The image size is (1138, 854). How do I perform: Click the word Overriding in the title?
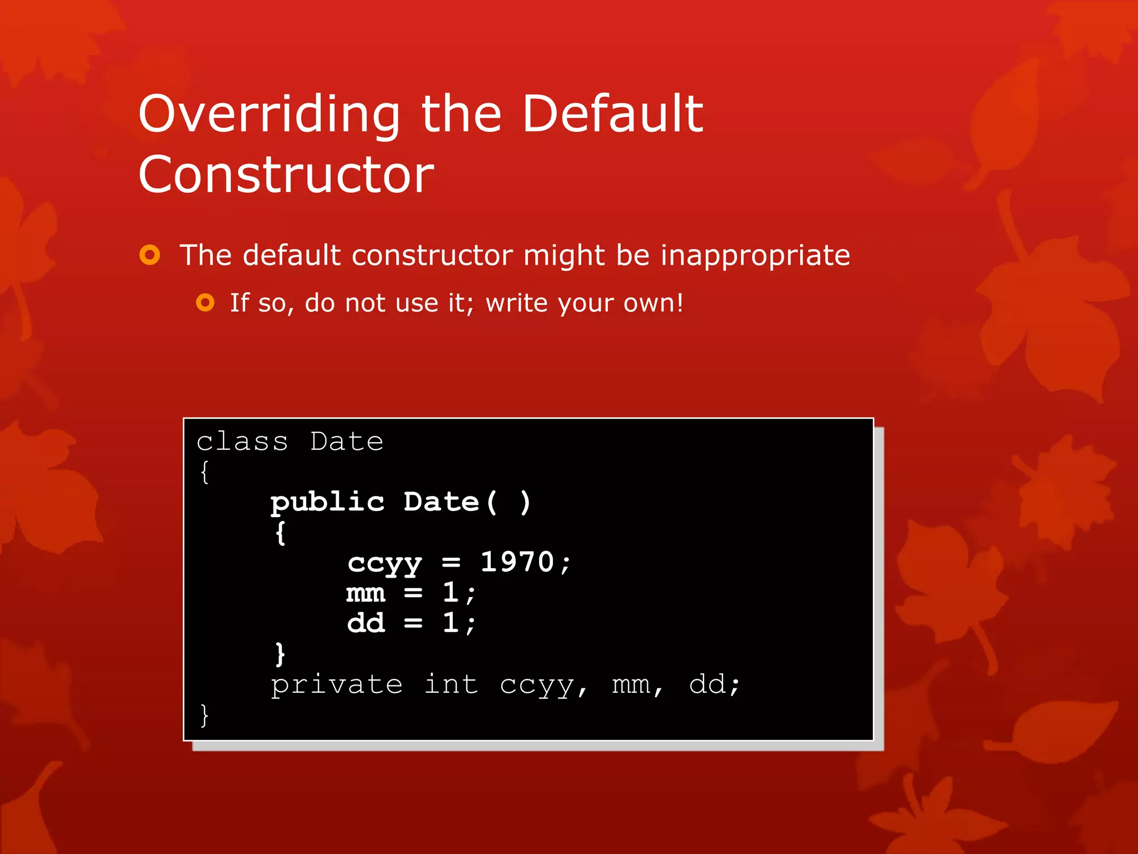269,115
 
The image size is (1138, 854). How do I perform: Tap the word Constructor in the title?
286,175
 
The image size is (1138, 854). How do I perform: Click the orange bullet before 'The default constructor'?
149,255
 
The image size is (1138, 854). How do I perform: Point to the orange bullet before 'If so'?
205,303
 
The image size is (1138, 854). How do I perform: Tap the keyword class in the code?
242,442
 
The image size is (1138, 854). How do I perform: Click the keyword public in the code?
327,503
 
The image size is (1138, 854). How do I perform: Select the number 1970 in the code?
517,562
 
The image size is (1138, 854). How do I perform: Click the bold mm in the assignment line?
366,593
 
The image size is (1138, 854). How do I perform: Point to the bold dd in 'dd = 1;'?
366,623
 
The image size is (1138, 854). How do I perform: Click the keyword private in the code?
336,685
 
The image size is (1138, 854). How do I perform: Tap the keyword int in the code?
451,684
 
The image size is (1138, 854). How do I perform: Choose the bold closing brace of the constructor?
280,654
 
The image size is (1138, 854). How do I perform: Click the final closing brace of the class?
204,715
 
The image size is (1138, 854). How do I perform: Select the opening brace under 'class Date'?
204,473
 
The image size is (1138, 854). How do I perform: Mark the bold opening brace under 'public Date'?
281,533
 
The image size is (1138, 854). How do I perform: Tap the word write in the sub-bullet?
516,304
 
